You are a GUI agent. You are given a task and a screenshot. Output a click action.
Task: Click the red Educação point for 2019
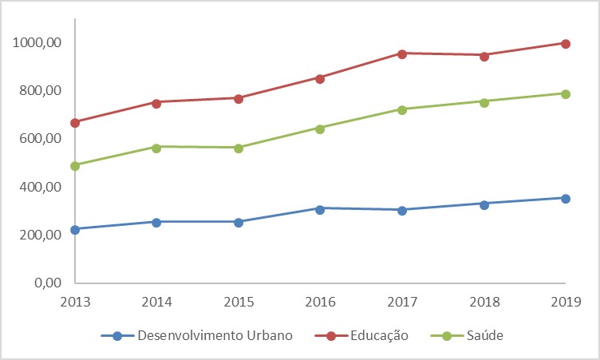point(566,44)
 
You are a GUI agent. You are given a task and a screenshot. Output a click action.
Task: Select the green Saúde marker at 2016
point(320,129)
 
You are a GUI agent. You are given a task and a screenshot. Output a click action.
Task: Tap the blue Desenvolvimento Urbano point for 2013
point(75,230)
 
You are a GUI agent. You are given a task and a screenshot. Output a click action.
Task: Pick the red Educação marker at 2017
point(402,54)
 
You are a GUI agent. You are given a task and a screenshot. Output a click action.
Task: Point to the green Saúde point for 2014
point(156,148)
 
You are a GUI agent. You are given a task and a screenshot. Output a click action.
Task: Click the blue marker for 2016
point(320,209)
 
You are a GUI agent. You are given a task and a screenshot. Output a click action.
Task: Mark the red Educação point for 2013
point(75,123)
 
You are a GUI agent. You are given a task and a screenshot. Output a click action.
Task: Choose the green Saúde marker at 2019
point(566,94)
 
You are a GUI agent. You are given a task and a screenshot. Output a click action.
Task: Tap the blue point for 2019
point(566,199)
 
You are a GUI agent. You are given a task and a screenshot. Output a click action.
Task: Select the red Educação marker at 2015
point(239,99)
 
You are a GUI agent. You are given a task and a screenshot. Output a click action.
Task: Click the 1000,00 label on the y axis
point(37,42)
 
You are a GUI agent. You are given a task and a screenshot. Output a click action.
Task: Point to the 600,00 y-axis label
point(40,139)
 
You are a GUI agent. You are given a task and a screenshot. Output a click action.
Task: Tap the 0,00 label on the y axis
point(48,283)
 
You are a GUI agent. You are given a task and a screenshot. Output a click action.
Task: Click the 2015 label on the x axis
point(239,303)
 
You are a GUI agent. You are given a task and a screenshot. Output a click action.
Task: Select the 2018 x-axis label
point(484,303)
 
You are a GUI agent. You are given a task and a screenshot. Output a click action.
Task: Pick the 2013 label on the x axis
point(75,303)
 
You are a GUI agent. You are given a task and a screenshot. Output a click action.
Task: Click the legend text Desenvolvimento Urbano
point(215,335)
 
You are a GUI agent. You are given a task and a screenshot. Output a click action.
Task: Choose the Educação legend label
point(379,336)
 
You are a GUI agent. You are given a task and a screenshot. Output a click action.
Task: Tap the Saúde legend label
point(485,335)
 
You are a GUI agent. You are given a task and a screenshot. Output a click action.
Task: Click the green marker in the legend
point(447,336)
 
